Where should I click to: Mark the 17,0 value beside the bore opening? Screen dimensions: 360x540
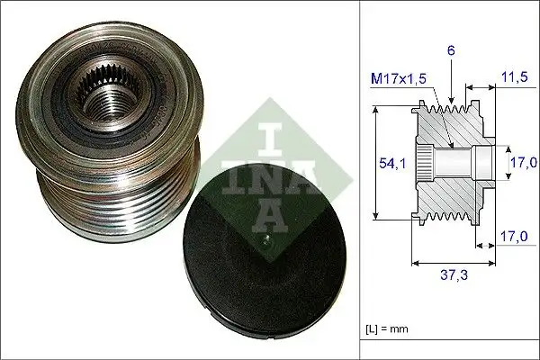517,164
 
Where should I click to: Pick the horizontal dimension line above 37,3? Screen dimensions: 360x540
454,263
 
